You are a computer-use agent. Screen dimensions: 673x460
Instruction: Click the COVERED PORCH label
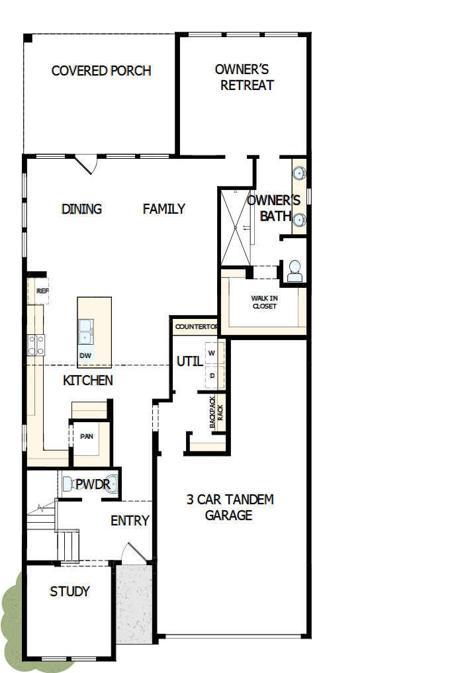101,71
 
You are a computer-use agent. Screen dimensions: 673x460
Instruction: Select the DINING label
82,209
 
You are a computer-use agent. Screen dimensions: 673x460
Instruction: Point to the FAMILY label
164,209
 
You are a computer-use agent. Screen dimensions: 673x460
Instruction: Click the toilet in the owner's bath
295,271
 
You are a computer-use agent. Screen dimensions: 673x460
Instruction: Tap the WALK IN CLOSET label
264,302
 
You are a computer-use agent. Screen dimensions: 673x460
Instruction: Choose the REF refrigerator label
42,291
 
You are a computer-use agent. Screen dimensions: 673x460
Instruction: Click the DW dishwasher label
85,355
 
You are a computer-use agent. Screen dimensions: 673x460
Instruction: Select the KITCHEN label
88,381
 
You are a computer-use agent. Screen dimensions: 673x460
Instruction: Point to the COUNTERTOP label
197,327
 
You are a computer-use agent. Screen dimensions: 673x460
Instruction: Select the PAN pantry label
86,437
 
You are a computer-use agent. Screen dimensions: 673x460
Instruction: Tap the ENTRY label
130,521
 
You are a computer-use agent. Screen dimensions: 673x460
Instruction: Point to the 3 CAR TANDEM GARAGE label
230,507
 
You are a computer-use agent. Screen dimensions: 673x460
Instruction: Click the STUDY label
69,592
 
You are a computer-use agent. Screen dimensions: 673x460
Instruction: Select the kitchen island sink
85,331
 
